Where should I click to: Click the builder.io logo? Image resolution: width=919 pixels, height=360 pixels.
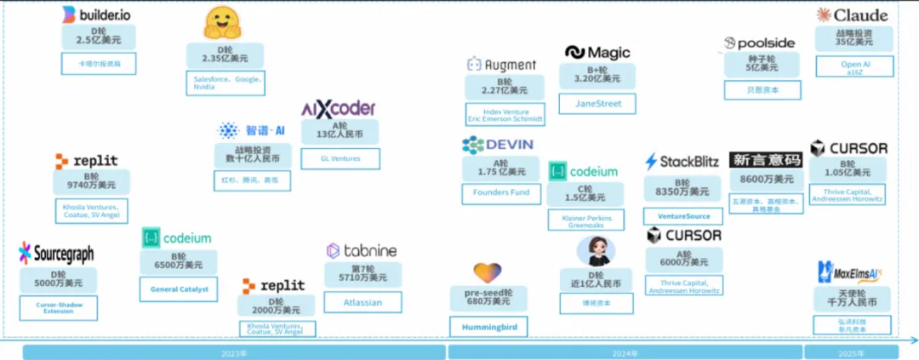point(96,14)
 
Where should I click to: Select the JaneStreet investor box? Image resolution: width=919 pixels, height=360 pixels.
point(596,104)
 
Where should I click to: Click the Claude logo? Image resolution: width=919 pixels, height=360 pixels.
point(852,14)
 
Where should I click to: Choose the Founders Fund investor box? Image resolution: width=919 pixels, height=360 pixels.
point(501,192)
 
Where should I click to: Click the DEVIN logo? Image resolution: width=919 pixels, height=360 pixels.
point(497,145)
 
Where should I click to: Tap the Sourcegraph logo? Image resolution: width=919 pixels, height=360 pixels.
point(56,253)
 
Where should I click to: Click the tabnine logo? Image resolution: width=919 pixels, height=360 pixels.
point(361,250)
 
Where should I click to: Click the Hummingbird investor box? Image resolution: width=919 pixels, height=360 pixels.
point(488,326)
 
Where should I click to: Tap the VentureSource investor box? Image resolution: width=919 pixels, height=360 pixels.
point(683,216)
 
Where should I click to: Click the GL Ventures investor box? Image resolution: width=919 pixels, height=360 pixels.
point(340,158)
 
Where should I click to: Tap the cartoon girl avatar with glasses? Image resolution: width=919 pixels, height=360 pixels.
point(596,252)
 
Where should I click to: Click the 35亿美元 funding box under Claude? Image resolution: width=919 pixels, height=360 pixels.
point(854,37)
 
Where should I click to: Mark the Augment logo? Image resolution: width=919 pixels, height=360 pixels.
point(501,65)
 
